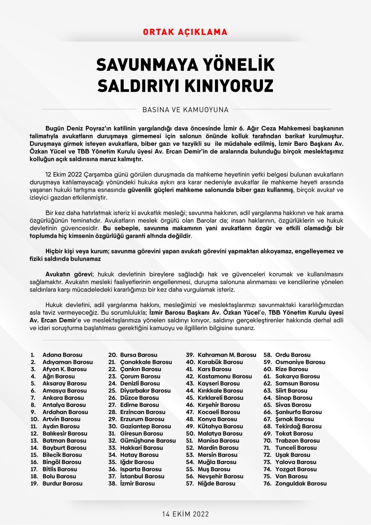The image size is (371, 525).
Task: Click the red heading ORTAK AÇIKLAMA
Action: (185, 32)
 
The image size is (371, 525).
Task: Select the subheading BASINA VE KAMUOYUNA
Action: (185, 110)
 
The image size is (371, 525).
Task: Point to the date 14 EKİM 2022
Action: (185, 514)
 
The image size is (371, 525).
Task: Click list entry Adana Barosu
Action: (62, 355)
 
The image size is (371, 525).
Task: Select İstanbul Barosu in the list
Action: (142, 476)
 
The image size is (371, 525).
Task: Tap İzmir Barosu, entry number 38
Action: (137, 483)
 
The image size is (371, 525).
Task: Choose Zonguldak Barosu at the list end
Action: (301, 483)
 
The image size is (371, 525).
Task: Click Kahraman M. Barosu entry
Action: (227, 355)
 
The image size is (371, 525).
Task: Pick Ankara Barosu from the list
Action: (63, 398)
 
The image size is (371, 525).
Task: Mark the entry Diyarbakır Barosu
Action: (145, 390)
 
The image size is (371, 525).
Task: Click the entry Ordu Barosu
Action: (293, 355)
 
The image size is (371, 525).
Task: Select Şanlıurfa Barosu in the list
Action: (298, 412)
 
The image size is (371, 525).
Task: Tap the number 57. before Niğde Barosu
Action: (190, 483)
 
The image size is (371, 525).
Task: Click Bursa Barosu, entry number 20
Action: (139, 355)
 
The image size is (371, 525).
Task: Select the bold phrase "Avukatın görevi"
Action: (69, 274)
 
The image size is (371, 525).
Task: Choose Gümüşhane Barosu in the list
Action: (148, 440)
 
